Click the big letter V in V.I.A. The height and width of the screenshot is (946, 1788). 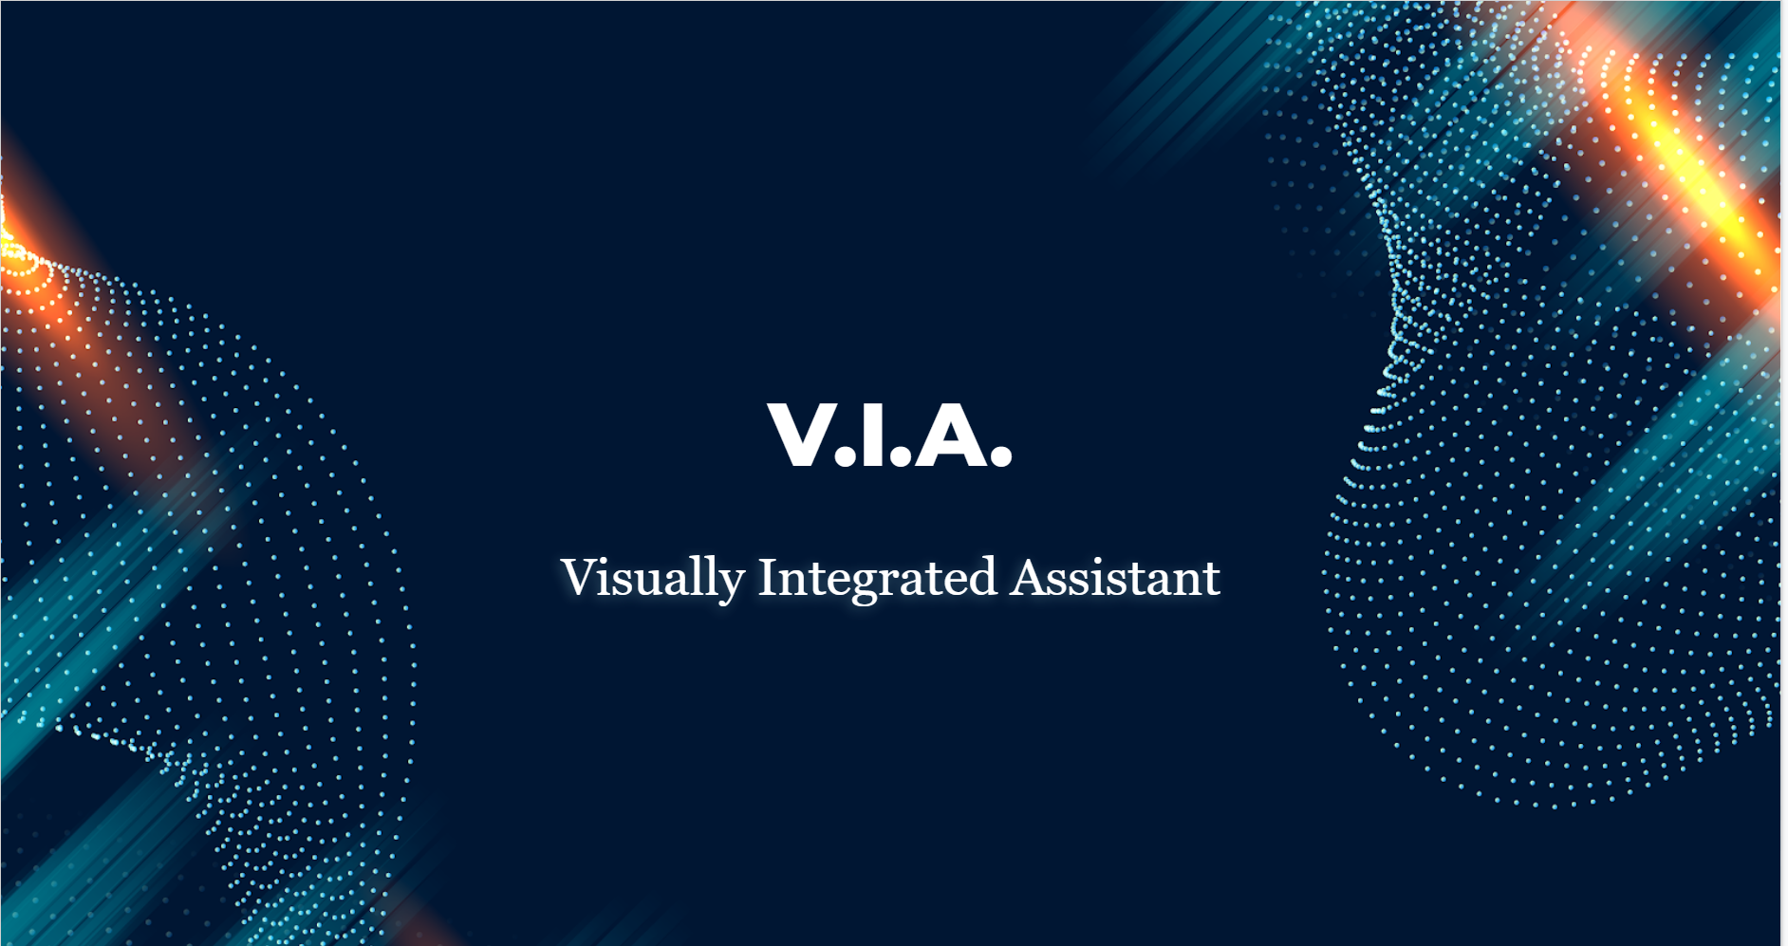click(x=801, y=434)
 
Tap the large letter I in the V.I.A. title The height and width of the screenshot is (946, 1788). click(x=873, y=434)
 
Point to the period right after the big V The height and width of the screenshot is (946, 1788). click(x=845, y=457)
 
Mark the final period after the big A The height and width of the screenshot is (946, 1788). click(x=1001, y=457)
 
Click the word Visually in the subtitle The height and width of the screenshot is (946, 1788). click(x=653, y=578)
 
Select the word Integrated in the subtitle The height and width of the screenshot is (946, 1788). click(x=878, y=578)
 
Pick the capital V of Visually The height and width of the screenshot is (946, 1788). click(x=578, y=578)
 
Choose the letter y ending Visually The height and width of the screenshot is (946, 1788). click(x=731, y=586)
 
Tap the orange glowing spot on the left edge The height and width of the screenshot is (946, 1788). click(x=24, y=266)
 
